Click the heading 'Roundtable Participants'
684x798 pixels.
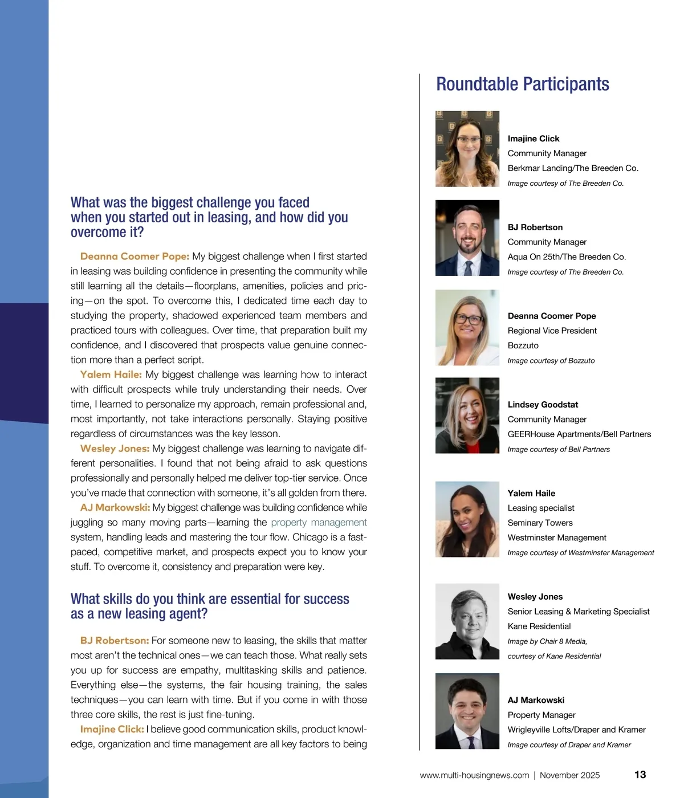click(x=522, y=84)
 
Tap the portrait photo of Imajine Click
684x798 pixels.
click(x=467, y=149)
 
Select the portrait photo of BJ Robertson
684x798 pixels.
click(x=467, y=238)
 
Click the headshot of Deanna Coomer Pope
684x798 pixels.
click(x=467, y=327)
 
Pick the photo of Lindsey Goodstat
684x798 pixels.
click(x=467, y=416)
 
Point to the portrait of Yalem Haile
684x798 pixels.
click(x=467, y=519)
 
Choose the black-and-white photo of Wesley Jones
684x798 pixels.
click(x=467, y=622)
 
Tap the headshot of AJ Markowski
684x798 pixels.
click(x=467, y=711)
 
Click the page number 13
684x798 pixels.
click(x=640, y=775)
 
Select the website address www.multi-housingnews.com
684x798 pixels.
click(x=474, y=775)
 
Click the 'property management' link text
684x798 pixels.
click(x=319, y=523)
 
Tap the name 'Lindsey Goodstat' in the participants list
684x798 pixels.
click(x=543, y=405)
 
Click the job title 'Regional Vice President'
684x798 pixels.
click(x=552, y=331)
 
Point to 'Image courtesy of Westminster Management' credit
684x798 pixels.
click(x=580, y=553)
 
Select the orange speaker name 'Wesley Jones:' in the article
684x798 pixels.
click(x=115, y=449)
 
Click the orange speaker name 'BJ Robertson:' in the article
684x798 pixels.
click(x=115, y=641)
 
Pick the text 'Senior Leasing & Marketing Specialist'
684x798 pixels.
click(x=578, y=612)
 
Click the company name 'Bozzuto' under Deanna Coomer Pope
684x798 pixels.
click(x=523, y=345)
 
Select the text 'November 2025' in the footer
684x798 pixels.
click(x=569, y=775)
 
